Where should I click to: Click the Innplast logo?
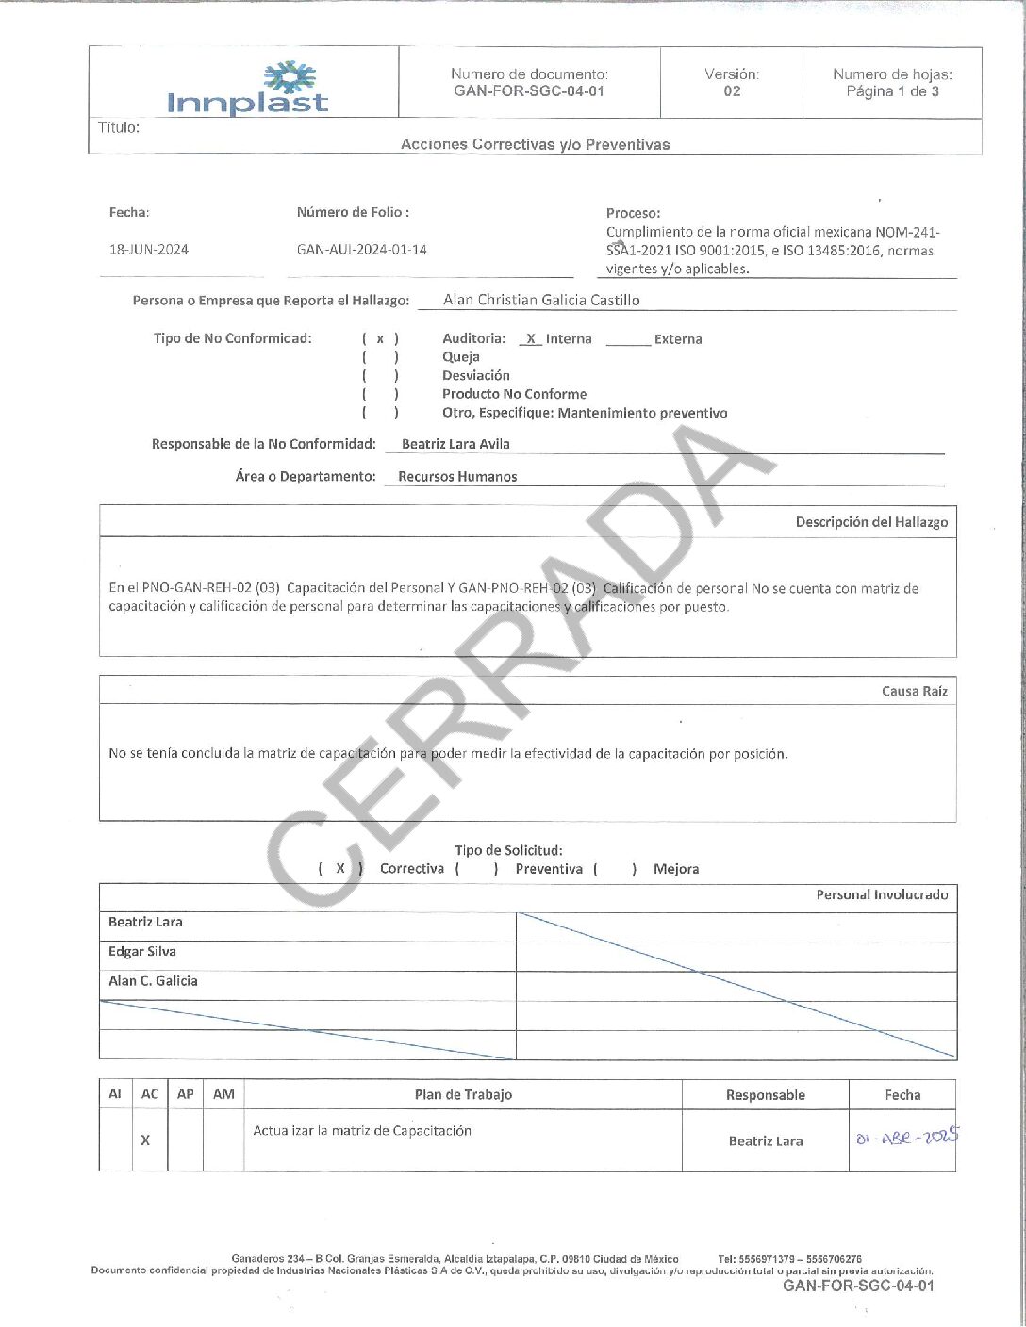(x=248, y=89)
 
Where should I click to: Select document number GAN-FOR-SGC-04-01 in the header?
(x=529, y=91)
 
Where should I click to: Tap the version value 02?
(x=732, y=91)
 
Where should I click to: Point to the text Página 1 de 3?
(x=892, y=91)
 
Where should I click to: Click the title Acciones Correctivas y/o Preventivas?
(x=535, y=144)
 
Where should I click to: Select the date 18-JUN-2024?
(x=149, y=250)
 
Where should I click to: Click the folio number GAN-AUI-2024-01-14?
(x=361, y=250)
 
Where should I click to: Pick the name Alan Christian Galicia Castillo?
(x=541, y=300)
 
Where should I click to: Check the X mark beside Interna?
(x=531, y=339)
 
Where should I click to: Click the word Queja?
(x=461, y=357)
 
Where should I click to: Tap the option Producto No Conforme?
(x=514, y=394)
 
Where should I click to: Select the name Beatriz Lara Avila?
(x=455, y=444)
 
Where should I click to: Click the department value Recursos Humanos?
(x=457, y=477)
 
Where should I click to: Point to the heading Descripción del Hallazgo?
(x=871, y=522)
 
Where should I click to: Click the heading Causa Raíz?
(x=915, y=692)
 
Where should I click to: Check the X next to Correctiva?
(x=340, y=869)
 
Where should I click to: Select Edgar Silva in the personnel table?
(x=142, y=952)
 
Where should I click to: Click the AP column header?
(x=186, y=1094)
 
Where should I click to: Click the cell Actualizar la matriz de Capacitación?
(x=362, y=1131)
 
